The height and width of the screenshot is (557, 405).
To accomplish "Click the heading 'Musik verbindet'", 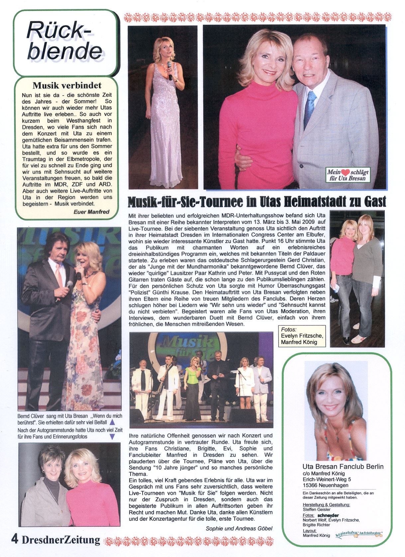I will click(67, 86).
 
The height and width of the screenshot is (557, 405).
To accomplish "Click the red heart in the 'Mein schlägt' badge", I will click(346, 172).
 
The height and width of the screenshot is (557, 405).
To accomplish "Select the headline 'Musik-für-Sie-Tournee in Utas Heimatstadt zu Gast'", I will click(257, 201).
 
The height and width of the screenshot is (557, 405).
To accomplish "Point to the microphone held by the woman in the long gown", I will click(169, 70).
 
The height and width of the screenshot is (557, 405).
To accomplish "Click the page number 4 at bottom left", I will click(15, 539).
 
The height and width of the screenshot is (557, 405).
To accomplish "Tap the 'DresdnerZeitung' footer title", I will click(61, 540).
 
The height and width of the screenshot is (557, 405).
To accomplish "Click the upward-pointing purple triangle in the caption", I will click(112, 422).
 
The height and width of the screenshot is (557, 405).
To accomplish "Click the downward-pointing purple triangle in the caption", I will click(112, 437).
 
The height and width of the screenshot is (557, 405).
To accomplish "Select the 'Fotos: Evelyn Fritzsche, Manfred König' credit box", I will click(301, 336).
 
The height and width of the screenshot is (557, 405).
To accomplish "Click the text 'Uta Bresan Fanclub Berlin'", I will click(343, 467).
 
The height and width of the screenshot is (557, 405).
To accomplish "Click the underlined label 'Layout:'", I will click(309, 531).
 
